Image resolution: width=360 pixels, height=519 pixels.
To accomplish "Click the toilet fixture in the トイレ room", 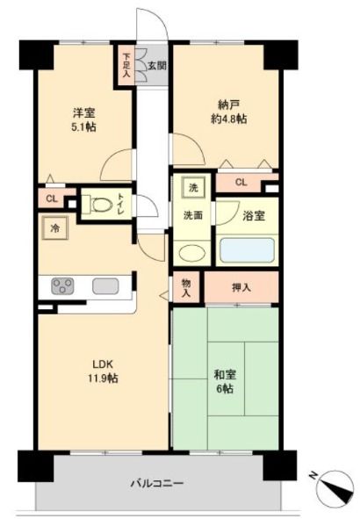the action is pos(98,205).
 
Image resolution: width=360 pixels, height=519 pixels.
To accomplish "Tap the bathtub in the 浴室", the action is pos(247,249).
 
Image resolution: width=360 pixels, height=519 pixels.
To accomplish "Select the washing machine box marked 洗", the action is pos(193,187).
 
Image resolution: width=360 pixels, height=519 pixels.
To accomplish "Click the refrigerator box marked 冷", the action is pos(55,227).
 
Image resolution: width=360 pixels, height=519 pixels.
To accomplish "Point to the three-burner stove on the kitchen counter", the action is pos(62,286).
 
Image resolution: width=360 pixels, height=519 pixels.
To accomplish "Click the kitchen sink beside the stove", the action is pos(105,286).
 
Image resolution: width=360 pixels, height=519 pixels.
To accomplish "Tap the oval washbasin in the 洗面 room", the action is pos(191,253).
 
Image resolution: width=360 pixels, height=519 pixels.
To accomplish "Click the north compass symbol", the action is pos(335,487).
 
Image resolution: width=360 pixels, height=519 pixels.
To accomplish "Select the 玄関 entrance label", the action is pos(157,66).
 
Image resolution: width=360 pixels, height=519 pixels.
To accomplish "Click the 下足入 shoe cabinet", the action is pos(126,66).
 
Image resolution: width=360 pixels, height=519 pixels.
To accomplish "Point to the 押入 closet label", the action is pos(241,287).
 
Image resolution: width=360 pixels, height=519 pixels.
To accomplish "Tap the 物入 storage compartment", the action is pos(186,286).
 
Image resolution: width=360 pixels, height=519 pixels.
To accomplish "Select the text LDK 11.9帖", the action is pos(103,371).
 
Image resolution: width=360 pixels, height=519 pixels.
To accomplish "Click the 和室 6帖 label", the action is pos(225,381).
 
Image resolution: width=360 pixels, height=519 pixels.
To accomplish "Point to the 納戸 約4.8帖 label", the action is pos(229,112).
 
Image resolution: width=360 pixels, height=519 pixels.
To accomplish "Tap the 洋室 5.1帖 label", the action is pos(84,119).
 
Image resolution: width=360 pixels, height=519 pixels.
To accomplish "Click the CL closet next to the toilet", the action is pos(52,198).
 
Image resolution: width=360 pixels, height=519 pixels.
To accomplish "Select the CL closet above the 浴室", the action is pos(241,182).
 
